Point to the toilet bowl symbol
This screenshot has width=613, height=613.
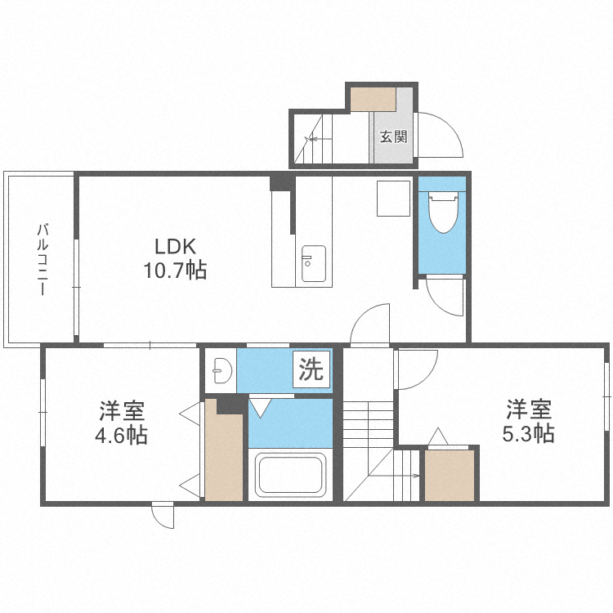point(441,212)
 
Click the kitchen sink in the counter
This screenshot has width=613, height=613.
point(313,263)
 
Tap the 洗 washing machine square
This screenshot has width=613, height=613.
point(310,369)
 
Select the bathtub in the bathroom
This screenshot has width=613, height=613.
point(291,474)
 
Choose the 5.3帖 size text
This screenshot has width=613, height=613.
point(526,432)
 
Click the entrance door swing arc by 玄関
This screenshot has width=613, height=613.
point(441,135)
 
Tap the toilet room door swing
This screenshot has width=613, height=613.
point(445,296)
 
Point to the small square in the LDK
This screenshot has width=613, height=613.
point(393,199)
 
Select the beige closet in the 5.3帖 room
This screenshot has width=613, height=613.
point(450,475)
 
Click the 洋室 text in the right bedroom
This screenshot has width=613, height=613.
point(527,407)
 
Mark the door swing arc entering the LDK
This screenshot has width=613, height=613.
point(371,323)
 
